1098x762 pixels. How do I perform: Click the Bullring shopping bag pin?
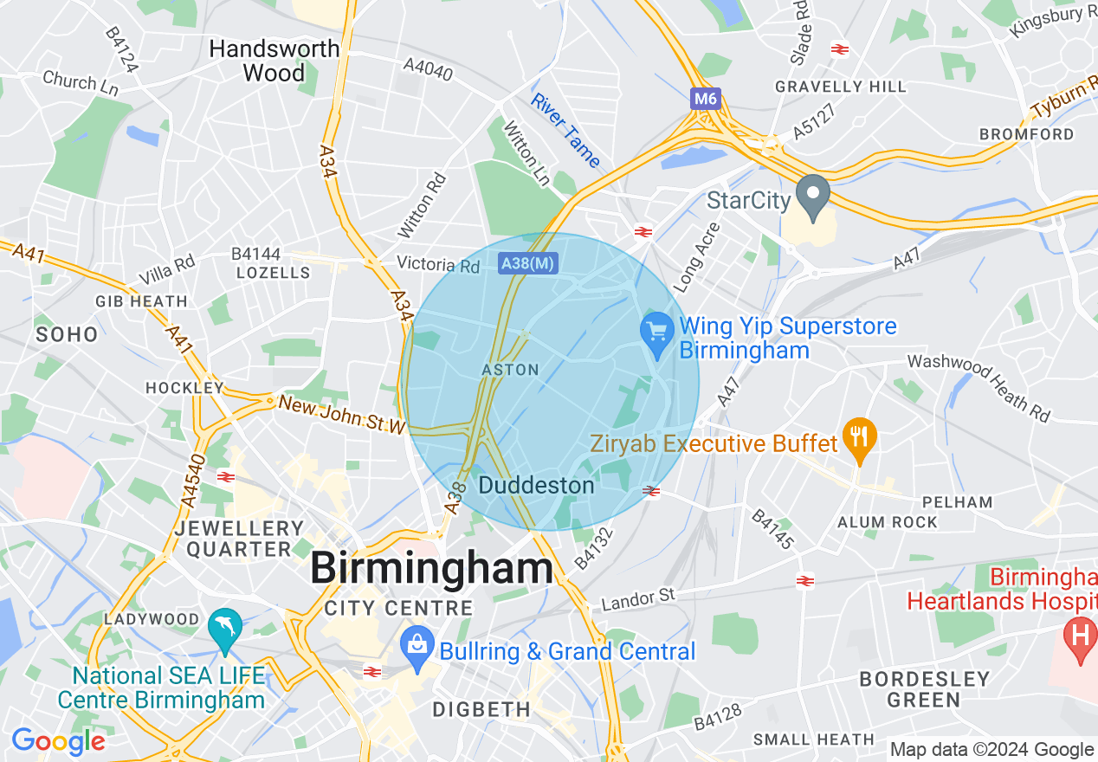coord(417,647)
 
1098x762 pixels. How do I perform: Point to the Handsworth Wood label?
coord(274,61)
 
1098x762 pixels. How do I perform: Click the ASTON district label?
coord(510,370)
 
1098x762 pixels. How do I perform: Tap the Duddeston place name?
coord(536,485)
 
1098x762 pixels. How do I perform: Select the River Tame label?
coord(565,130)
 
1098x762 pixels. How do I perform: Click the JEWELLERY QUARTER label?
coord(240,539)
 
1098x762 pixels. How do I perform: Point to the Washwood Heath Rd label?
coord(979,387)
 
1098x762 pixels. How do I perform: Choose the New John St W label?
coord(342,415)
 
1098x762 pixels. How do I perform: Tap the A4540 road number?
coord(193,481)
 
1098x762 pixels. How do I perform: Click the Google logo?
coord(58,742)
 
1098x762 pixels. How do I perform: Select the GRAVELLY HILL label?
coord(840,87)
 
